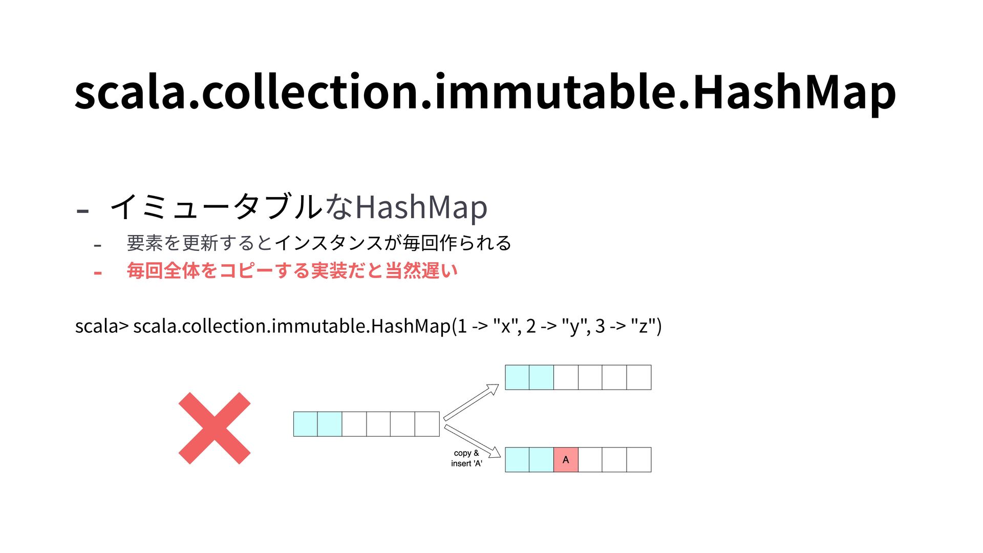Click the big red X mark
(x=215, y=428)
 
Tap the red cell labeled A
(x=566, y=460)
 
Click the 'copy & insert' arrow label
(x=466, y=458)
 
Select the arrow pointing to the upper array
(x=471, y=402)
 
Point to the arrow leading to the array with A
(x=472, y=441)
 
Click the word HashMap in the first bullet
(x=421, y=207)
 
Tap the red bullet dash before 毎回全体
(x=98, y=272)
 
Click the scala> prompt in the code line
(x=101, y=326)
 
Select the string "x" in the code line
(x=506, y=326)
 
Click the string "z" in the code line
(x=644, y=326)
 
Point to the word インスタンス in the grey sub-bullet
(x=328, y=243)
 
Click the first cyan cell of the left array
(x=306, y=424)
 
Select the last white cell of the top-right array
(x=639, y=377)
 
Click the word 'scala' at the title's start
(x=131, y=92)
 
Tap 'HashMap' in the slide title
(x=794, y=92)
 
